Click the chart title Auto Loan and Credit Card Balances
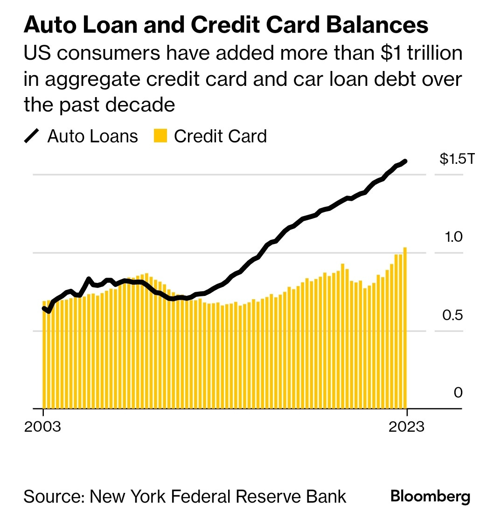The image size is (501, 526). click(226, 25)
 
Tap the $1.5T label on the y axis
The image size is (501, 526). click(457, 159)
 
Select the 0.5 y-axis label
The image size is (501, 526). click(452, 315)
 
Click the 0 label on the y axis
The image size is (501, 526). click(458, 393)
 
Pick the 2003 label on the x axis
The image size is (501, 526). click(42, 427)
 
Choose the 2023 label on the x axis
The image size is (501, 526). click(406, 427)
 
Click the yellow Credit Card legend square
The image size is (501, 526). click(160, 136)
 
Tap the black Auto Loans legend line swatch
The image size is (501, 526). click(32, 136)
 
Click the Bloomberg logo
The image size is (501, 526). click(430, 496)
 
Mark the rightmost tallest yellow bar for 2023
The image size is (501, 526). click(405, 327)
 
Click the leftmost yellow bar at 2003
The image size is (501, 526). click(44, 355)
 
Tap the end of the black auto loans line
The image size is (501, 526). click(406, 161)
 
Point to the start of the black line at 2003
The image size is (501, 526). click(44, 308)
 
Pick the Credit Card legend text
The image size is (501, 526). click(220, 136)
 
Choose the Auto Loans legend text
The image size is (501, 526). click(92, 136)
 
